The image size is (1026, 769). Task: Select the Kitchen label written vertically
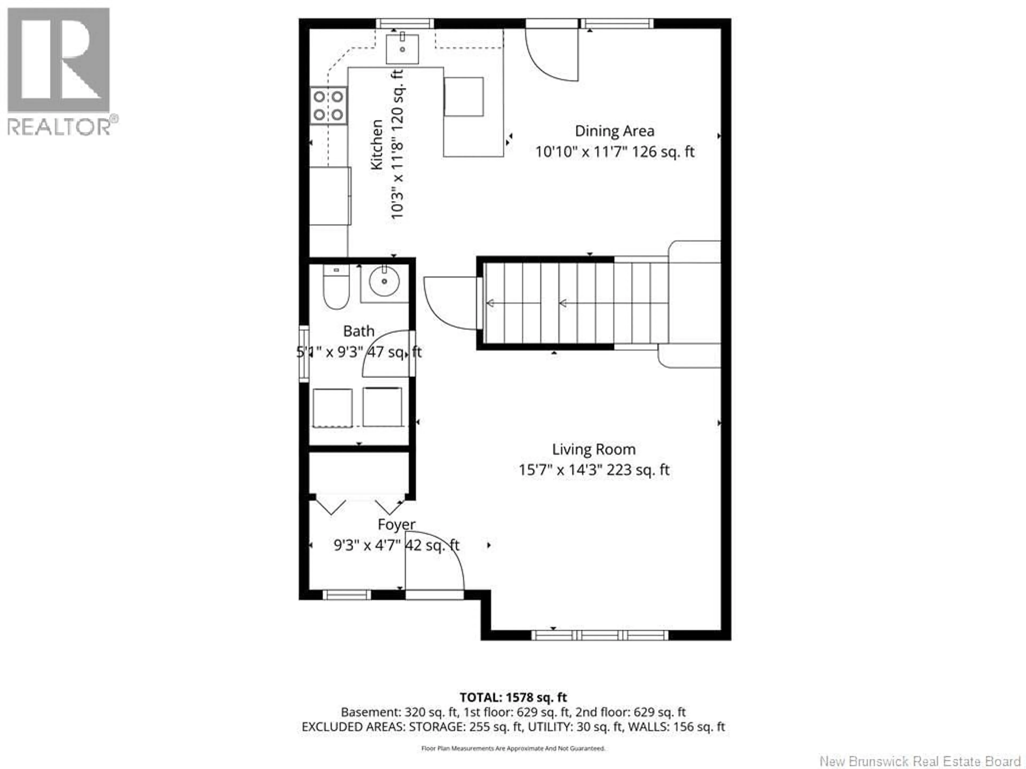(x=377, y=145)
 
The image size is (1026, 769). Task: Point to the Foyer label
(x=396, y=524)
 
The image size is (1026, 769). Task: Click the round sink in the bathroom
(x=384, y=281)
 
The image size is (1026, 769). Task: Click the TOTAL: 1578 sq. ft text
(x=513, y=710)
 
